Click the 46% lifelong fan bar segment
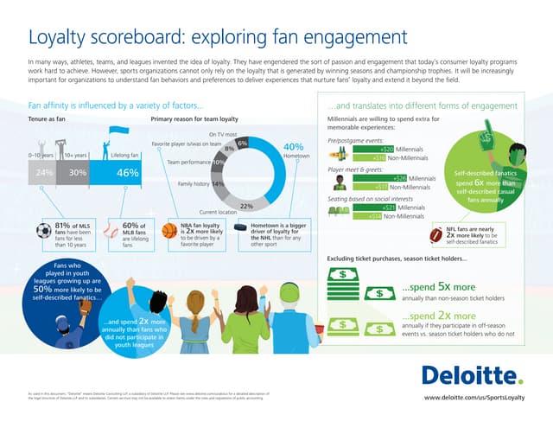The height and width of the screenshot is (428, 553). click(128, 173)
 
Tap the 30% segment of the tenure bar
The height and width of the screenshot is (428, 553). click(77, 173)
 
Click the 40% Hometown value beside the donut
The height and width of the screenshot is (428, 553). click(292, 147)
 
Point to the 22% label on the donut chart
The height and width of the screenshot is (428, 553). click(245, 206)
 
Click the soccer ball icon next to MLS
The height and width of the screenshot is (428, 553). click(43, 231)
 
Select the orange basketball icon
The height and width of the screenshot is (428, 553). click(169, 231)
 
